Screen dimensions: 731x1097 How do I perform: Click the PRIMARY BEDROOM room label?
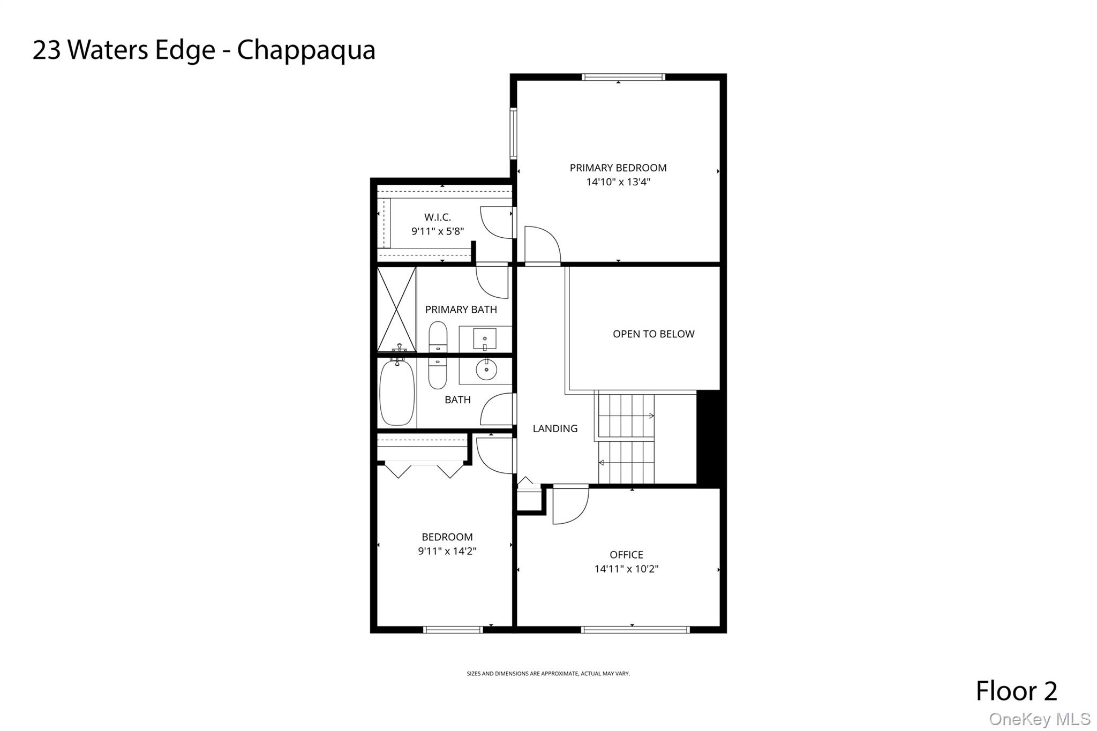[618, 168]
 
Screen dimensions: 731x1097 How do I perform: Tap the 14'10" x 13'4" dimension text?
[618, 182]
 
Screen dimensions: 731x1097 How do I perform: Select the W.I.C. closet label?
[437, 217]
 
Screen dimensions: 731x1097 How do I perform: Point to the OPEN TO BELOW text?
[653, 334]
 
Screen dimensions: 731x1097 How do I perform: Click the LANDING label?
[555, 428]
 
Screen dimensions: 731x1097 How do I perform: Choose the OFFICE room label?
[626, 555]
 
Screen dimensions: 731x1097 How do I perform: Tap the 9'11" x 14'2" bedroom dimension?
[447, 551]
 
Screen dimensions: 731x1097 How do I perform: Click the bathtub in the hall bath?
[397, 393]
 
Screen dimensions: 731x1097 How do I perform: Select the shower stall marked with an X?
[396, 310]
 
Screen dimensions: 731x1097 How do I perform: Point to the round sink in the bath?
[486, 370]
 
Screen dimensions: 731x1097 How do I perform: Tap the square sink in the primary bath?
[485, 339]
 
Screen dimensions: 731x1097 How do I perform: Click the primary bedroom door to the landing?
[542, 246]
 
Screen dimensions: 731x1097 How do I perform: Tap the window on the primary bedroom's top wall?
[623, 77]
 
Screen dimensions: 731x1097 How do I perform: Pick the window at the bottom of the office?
[635, 630]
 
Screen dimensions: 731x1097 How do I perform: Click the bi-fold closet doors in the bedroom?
[424, 470]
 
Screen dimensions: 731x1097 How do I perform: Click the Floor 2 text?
[1016, 691]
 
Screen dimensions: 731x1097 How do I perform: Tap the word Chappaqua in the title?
[306, 50]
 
